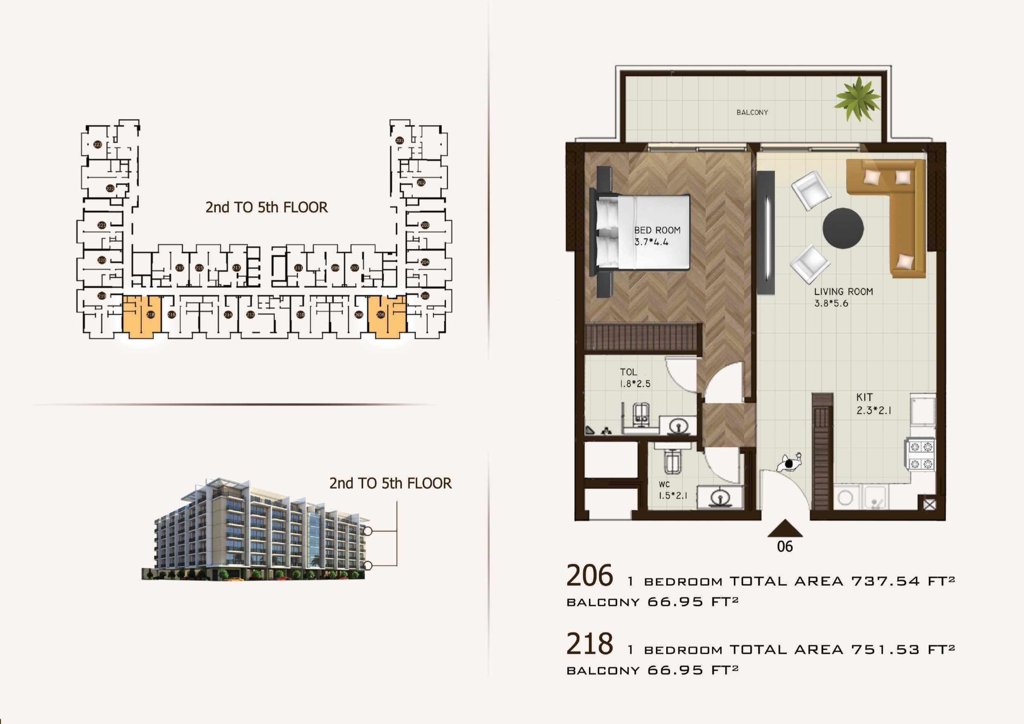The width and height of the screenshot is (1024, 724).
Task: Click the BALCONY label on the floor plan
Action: (x=752, y=112)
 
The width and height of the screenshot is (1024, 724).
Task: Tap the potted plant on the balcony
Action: (x=857, y=99)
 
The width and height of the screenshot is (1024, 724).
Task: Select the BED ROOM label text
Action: (x=657, y=230)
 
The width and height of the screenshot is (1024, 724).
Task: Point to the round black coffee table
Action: (x=842, y=228)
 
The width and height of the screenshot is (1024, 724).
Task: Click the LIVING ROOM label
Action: (x=843, y=292)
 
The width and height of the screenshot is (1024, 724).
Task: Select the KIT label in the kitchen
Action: (x=864, y=397)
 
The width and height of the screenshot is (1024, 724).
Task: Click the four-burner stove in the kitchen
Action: (x=921, y=455)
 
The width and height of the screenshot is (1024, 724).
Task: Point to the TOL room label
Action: (x=629, y=371)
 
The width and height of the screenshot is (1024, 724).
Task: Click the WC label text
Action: (x=664, y=485)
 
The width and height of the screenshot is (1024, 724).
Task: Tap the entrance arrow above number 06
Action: (x=785, y=529)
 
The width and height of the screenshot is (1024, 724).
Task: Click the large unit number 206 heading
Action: (x=590, y=575)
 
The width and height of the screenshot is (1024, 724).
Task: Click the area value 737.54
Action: (x=885, y=581)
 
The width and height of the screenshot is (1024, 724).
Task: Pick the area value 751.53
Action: (x=885, y=650)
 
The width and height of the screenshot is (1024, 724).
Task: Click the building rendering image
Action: (x=259, y=531)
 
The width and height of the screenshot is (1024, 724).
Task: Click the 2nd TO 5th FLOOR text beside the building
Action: (x=390, y=483)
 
